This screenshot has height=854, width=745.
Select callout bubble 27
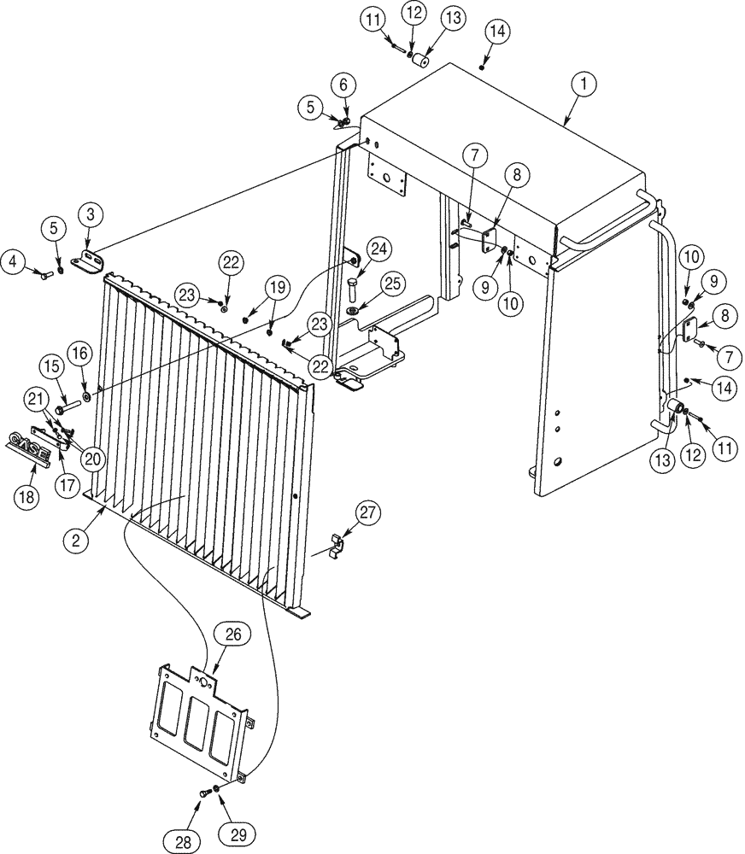coord(367,514)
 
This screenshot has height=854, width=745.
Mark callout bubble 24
coord(379,249)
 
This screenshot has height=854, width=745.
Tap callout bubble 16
coord(79,351)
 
